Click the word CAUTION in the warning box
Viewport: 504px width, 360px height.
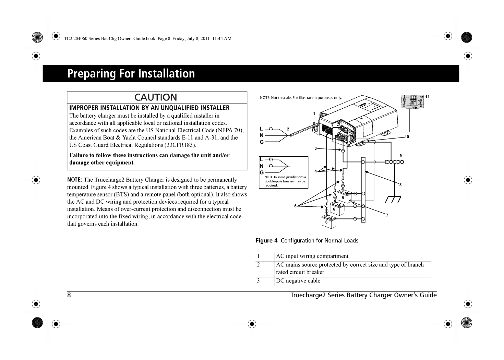tap(156, 97)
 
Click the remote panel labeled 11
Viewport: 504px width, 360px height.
tap(412, 102)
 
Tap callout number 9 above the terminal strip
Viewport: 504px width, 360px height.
tap(400, 156)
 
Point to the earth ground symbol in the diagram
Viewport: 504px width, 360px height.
tap(393, 199)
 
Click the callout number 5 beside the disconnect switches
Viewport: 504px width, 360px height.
tap(295, 206)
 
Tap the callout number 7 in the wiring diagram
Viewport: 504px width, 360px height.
tap(387, 215)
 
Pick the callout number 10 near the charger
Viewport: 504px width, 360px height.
tap(407, 137)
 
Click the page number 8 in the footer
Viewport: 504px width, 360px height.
tap(69, 295)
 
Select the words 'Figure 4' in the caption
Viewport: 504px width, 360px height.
tap(266, 241)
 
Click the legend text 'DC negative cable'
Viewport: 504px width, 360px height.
tap(298, 281)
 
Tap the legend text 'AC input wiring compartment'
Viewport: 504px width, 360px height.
tap(312, 256)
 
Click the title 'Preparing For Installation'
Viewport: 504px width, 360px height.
tap(131, 74)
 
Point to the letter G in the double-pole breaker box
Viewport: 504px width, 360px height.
tap(262, 172)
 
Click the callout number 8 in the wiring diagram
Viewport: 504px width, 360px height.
tap(400, 185)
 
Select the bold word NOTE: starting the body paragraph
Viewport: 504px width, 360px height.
tap(74, 180)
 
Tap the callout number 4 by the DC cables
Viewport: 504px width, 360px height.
tap(315, 171)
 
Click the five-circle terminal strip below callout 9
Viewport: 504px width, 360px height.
tap(395, 162)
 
